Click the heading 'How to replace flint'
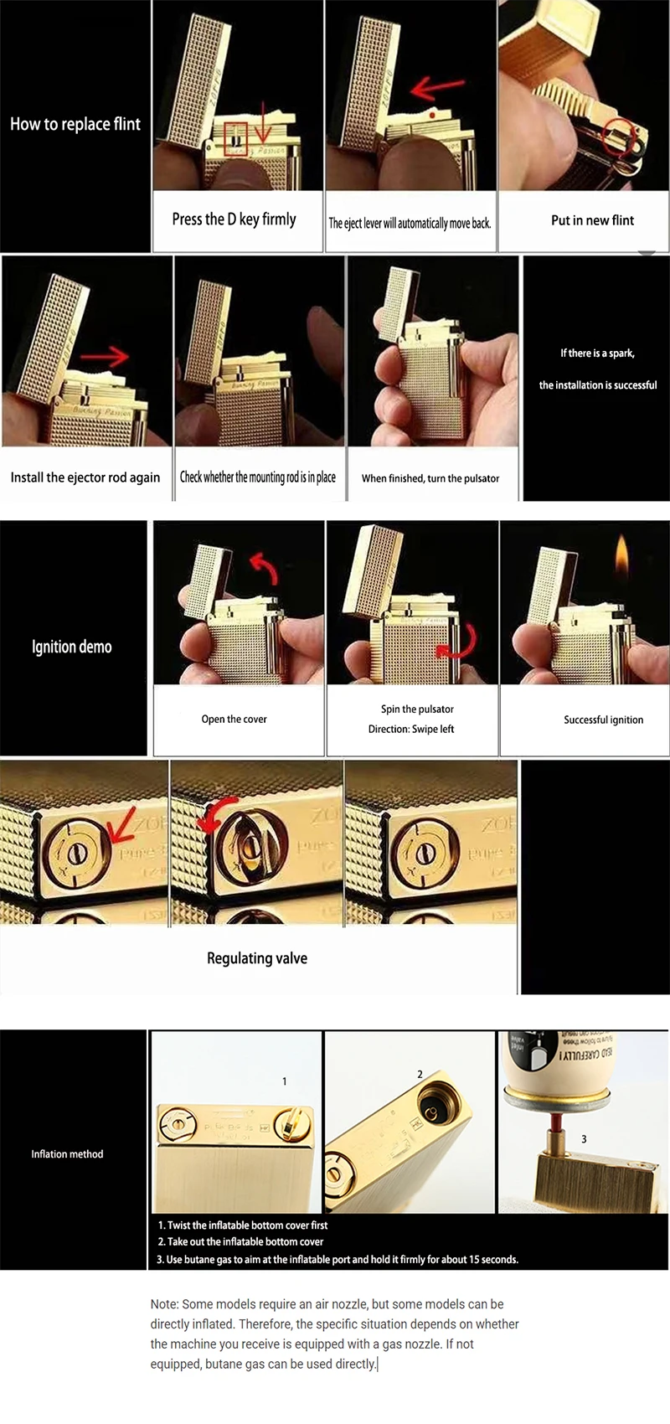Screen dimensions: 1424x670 75,124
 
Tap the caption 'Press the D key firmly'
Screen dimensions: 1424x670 234,219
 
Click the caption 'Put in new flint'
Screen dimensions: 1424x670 592,220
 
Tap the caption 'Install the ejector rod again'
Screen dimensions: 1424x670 85,477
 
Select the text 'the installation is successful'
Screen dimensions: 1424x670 597,385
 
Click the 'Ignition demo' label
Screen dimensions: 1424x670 72,647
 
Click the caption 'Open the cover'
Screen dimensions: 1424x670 234,719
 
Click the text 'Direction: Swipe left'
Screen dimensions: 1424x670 410,729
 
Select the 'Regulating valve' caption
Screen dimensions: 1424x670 256,958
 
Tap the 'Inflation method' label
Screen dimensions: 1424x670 67,1153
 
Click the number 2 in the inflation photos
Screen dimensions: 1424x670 420,1074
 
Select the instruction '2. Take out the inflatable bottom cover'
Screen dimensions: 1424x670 240,1241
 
